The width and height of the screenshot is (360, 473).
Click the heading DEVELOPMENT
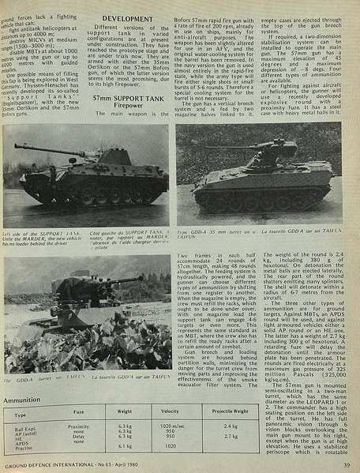pos(127,19)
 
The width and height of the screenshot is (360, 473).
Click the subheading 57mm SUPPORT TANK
pos(126,97)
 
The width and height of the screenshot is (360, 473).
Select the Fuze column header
pos(78,413)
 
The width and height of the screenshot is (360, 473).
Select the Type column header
pos(21,414)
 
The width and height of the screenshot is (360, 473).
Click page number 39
pos(346,465)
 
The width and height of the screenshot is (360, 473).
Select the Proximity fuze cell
pos(78,426)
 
